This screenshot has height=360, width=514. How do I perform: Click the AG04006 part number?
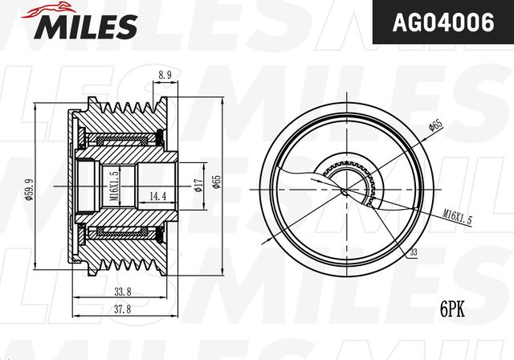pyautogui.click(x=443, y=22)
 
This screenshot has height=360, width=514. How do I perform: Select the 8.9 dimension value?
pyautogui.click(x=165, y=75)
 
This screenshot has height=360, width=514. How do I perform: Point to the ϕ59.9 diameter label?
pyautogui.click(x=30, y=190)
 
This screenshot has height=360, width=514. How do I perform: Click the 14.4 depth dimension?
pyautogui.click(x=157, y=196)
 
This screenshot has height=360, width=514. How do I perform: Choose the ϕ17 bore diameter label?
pyautogui.click(x=198, y=186)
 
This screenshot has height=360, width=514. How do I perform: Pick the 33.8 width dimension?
pyautogui.click(x=123, y=292)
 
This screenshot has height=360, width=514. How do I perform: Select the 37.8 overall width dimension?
pyautogui.click(x=123, y=309)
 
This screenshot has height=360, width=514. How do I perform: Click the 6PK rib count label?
pyautogui.click(x=452, y=310)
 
